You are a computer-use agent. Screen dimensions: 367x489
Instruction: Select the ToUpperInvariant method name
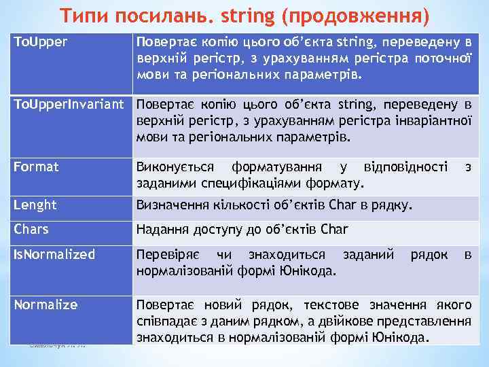(x=69, y=105)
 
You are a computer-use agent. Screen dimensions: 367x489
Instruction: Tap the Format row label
(x=37, y=167)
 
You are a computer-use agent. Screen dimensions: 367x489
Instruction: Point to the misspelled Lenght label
(x=36, y=205)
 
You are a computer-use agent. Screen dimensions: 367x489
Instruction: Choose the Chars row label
(x=32, y=229)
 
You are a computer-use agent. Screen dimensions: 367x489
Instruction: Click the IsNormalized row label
(x=55, y=254)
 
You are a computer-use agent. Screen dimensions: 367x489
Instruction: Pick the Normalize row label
(x=46, y=304)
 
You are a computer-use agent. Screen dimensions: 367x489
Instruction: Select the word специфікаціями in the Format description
(x=266, y=182)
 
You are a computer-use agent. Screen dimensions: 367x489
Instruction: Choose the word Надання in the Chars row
(x=159, y=230)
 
